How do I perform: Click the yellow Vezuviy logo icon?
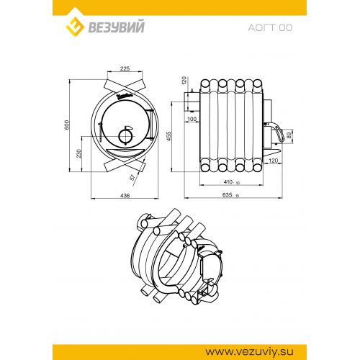click(75, 27)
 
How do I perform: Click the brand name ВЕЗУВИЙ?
click(117, 27)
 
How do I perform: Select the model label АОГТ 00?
click(270, 28)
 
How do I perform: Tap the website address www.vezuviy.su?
click(249, 352)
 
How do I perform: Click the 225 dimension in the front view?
click(125, 68)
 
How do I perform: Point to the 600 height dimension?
click(67, 125)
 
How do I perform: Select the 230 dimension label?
click(78, 153)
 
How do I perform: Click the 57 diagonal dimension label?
click(132, 177)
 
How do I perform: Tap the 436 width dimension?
click(125, 196)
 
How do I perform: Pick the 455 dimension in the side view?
click(169, 136)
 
